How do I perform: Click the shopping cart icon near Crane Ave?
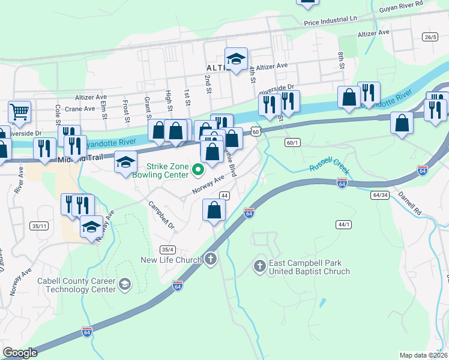point(19,111)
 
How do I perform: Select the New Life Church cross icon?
point(210,259)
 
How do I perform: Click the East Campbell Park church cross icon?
point(260,266)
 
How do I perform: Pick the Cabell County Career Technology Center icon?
point(125,284)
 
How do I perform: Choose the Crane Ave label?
point(80,109)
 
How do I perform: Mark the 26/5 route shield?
point(429,37)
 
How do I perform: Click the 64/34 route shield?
point(380,195)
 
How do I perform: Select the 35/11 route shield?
point(38,226)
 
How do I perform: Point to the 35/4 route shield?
point(167,250)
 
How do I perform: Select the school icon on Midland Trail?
point(125,163)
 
